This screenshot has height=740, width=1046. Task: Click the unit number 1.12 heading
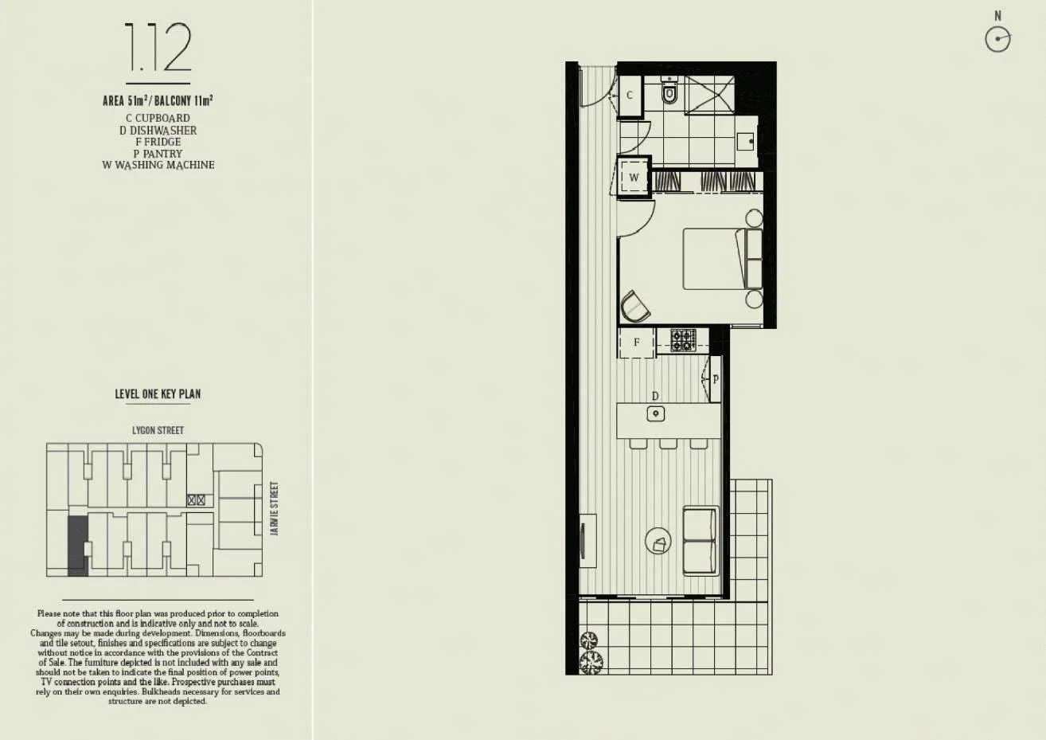pos(158,49)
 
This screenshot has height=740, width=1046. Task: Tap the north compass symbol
pos(997,39)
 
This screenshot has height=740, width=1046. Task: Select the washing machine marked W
pos(634,178)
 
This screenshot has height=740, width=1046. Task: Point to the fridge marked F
pos(637,343)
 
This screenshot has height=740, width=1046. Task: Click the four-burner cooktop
pos(683,340)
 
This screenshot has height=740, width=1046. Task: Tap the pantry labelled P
pos(715,379)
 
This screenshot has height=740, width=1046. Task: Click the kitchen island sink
pos(655,413)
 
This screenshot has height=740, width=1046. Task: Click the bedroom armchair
pos(635,306)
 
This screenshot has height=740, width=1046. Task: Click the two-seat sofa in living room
pos(701,541)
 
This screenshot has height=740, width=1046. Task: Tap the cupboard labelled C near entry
pos(630,96)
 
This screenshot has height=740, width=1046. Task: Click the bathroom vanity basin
pos(747,142)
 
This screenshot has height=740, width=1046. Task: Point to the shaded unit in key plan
pos(77,545)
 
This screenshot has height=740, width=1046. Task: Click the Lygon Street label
pos(158,430)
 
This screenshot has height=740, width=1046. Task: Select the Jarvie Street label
pos(275,508)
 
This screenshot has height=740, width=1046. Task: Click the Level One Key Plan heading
pos(158,393)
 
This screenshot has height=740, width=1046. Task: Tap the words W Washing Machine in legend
pos(158,165)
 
